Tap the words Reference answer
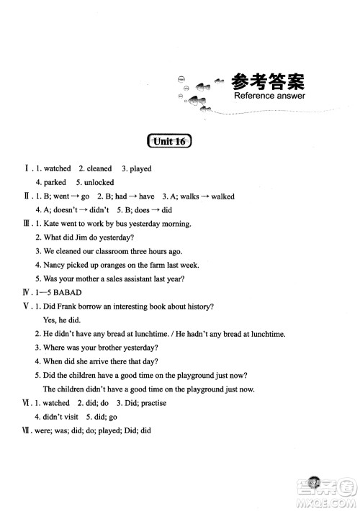click(x=269, y=96)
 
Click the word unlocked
click(x=99, y=183)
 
